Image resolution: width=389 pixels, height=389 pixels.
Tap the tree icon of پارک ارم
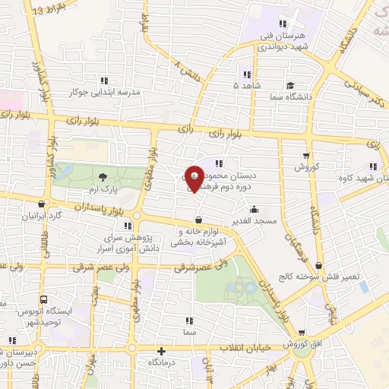102,177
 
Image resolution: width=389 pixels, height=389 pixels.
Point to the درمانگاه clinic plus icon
160,351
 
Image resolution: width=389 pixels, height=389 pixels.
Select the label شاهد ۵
246,86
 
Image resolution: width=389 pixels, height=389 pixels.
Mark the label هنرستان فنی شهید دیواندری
283,41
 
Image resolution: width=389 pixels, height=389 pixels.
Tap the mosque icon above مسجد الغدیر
253,209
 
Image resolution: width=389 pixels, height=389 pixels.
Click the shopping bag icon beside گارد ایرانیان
40,203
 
